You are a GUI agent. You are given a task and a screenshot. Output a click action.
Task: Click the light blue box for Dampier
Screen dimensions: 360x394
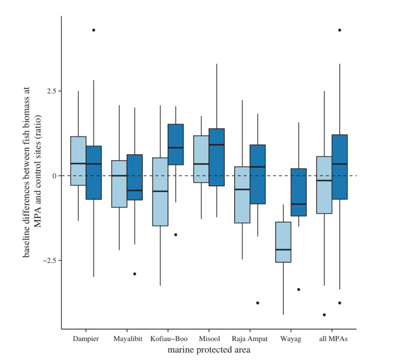click(78, 161)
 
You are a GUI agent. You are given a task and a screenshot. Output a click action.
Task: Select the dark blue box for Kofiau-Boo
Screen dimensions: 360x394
click(176, 144)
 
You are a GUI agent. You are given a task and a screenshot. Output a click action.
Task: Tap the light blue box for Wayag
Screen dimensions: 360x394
click(283, 242)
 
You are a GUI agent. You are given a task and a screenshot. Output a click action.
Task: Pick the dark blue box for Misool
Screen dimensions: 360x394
click(216, 157)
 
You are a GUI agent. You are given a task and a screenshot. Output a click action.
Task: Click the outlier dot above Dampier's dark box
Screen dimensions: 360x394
click(94, 30)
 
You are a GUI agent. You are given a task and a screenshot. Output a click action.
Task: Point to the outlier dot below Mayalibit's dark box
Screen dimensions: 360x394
click(135, 274)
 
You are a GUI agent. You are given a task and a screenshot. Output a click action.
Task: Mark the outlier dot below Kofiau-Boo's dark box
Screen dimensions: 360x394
click(176, 234)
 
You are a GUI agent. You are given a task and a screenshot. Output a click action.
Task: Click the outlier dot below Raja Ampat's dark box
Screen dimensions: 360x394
click(258, 303)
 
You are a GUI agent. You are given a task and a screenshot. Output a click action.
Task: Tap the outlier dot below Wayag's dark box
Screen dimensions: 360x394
click(298, 289)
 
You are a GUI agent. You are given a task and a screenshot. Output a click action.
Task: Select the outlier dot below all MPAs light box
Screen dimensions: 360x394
click(324, 315)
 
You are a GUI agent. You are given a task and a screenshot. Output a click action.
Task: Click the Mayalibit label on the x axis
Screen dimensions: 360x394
click(127, 339)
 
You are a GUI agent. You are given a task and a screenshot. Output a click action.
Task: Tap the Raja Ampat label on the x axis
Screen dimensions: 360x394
click(250, 339)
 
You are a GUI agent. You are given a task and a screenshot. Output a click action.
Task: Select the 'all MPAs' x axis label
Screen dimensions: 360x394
click(332, 339)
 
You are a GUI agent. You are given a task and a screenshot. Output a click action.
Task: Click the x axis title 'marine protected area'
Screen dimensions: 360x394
click(209, 350)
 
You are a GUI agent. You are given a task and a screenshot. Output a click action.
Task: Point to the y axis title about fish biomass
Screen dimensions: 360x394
click(32, 172)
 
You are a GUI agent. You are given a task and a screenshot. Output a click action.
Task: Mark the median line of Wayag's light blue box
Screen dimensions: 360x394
click(283, 250)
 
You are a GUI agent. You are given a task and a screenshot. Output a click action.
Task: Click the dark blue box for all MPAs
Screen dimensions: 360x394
click(340, 167)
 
